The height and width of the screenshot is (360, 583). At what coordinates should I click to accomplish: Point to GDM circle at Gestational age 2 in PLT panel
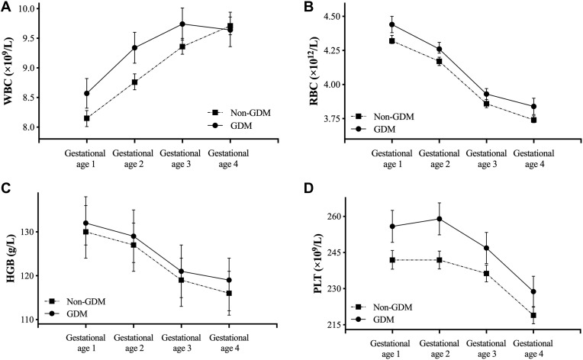(x=440, y=219)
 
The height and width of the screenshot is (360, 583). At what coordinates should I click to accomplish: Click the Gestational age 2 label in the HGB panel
(x=134, y=341)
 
